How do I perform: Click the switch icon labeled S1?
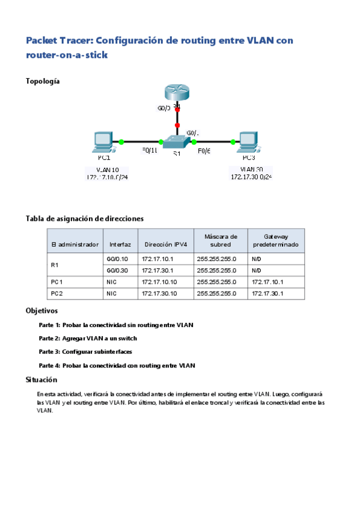177,143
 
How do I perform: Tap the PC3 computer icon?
248,142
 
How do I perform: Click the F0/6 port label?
204,150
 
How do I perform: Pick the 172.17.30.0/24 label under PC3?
252,177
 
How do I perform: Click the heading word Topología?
42,81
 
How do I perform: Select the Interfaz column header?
120,245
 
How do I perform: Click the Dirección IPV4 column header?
166,245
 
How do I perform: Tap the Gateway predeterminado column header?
275,241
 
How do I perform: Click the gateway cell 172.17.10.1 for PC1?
268,281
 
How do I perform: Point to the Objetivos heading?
41,311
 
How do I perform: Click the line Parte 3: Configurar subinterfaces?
85,352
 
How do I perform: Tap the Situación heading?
41,379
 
